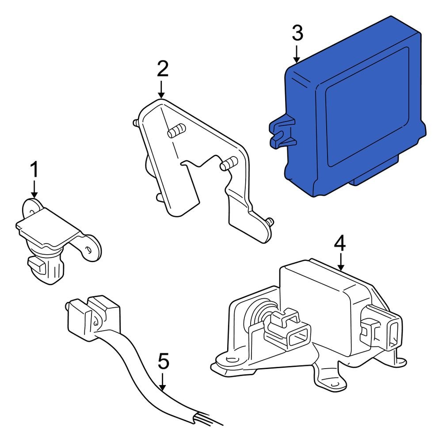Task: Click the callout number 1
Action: pos(34,170)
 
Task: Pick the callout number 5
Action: pos(163,362)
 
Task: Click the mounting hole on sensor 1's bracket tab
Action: pos(89,250)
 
